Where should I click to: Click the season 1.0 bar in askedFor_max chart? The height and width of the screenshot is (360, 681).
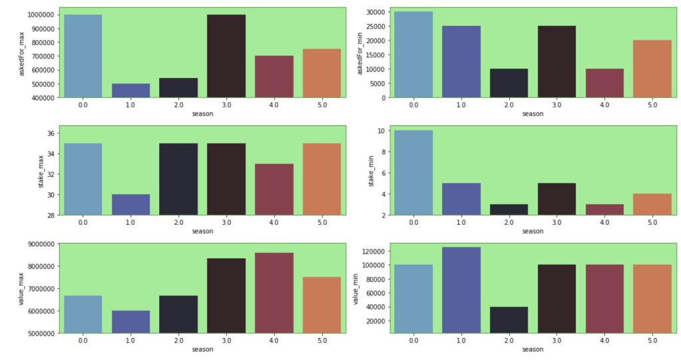[x=130, y=90]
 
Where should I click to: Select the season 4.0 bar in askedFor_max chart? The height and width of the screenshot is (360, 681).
[x=274, y=77]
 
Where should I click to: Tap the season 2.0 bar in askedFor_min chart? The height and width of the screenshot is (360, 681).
[x=509, y=83]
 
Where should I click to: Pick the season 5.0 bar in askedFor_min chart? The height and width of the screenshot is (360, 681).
[x=652, y=69]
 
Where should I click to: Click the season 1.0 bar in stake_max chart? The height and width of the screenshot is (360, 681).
[x=130, y=204]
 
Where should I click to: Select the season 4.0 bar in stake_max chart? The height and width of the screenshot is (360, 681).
[x=274, y=190]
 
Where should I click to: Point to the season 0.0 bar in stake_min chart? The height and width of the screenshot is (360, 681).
[x=413, y=172]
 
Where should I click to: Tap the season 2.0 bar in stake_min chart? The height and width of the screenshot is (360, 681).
[x=509, y=210]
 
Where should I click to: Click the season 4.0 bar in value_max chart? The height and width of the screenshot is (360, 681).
[x=274, y=293]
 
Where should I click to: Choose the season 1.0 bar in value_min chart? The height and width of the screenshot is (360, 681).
[x=461, y=290]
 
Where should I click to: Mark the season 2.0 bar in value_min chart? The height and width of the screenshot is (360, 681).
[x=509, y=320]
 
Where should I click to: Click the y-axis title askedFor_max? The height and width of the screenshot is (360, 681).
[x=22, y=53]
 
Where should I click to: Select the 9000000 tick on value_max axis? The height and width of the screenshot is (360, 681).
[x=37, y=244]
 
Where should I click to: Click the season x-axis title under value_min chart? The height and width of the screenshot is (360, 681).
[x=533, y=349]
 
